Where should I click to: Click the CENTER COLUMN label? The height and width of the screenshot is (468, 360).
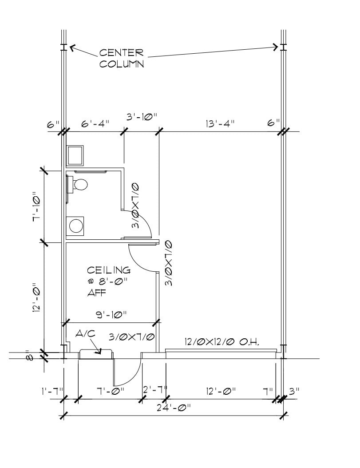121,58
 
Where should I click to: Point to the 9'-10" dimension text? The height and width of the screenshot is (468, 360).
111,314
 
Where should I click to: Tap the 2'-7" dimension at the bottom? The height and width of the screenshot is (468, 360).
155,391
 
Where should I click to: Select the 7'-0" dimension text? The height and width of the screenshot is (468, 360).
111,391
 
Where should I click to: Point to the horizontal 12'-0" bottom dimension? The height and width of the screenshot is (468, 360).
221,391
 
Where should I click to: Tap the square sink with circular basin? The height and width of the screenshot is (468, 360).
75,225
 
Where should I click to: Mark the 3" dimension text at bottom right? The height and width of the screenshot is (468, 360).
294,391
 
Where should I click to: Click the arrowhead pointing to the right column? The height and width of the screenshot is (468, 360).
276,47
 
